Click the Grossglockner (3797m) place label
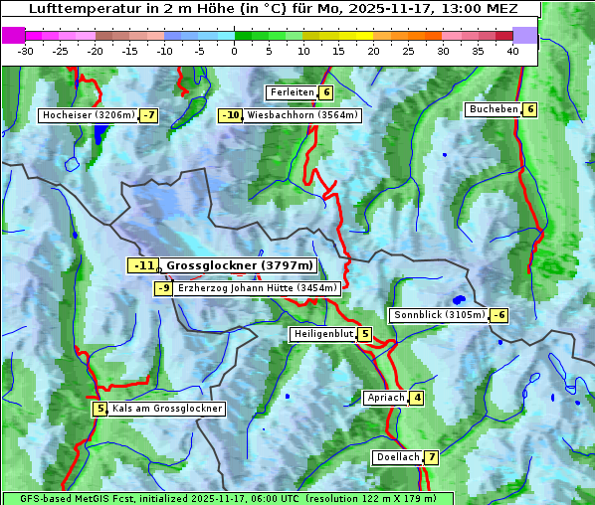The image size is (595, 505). coord(239,265)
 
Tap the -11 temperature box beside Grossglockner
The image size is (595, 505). coord(143,265)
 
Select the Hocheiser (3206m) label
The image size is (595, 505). coord(88,115)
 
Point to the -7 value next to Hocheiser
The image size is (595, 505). coord(148,115)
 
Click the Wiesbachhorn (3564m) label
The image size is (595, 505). coord(302,115)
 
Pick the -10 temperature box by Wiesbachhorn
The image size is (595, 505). coord(231,115)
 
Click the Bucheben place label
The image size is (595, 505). coord(494,109)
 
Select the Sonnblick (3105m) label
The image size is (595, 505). coord(439,315)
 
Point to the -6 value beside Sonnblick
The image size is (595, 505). coord(499,315)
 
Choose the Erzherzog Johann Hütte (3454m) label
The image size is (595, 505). coord(258,288)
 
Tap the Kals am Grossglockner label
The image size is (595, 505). coord(166,409)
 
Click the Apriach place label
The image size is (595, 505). coord(386,398)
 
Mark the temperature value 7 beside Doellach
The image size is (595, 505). coord(431,457)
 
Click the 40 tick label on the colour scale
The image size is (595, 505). coord(512,50)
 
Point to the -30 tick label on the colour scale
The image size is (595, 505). coord(27,50)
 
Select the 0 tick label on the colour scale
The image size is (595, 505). coord(234,50)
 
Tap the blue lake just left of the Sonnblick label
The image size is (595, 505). coord(458,299)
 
